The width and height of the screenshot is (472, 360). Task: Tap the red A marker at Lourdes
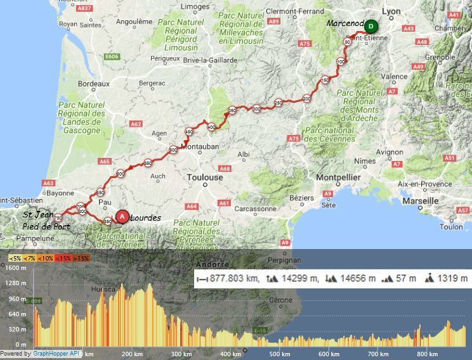(x=122, y=216)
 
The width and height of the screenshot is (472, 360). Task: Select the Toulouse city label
(x=205, y=178)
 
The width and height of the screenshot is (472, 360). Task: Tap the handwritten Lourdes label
(x=146, y=217)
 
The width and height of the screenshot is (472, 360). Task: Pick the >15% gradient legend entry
(x=81, y=259)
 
